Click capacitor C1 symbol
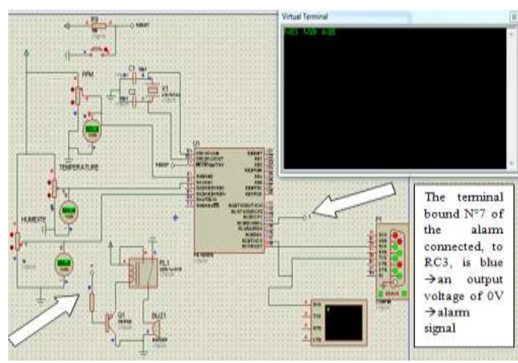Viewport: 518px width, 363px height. coord(131,77)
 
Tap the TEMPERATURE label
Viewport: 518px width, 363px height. coord(79,167)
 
